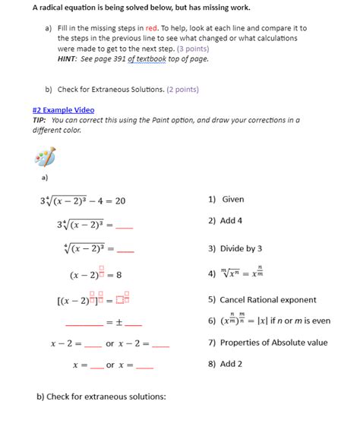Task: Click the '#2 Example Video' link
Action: coord(63,109)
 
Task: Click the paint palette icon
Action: coord(45,157)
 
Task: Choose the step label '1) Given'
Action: coord(226,200)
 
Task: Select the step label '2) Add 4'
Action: coord(225,221)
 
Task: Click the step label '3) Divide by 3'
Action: coord(235,248)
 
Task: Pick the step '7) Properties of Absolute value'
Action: coord(267,343)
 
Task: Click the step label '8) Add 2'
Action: coord(225,364)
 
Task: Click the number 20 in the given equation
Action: coord(120,201)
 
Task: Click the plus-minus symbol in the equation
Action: coord(119,322)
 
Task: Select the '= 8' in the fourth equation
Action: coord(115,275)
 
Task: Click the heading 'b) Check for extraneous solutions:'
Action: coord(101,396)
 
